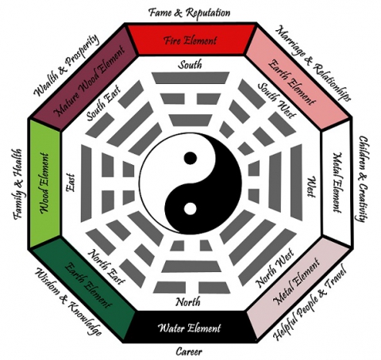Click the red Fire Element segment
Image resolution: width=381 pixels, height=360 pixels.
pyautogui.click(x=190, y=37)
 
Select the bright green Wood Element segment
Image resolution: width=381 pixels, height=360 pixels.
pyautogui.click(x=46, y=181)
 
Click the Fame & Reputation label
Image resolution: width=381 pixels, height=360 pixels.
pyautogui.click(x=190, y=12)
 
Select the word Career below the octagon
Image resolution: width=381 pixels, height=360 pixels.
pyautogui.click(x=190, y=350)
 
